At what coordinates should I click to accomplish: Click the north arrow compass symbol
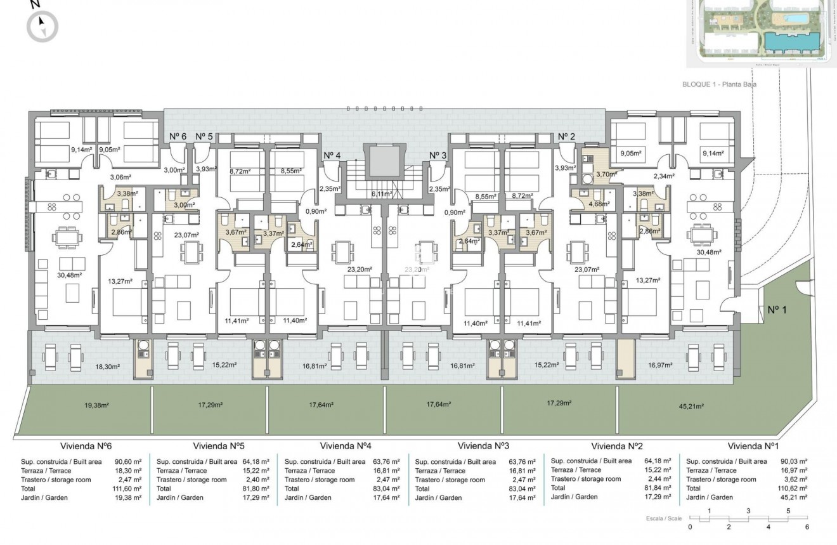(42, 26)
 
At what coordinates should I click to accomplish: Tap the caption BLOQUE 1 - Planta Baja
(720, 84)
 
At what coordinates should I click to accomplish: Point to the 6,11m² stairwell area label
(382, 194)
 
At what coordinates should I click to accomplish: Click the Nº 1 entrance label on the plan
(777, 310)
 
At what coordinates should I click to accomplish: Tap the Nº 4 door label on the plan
(332, 155)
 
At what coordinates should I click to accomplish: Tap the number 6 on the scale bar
(807, 527)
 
